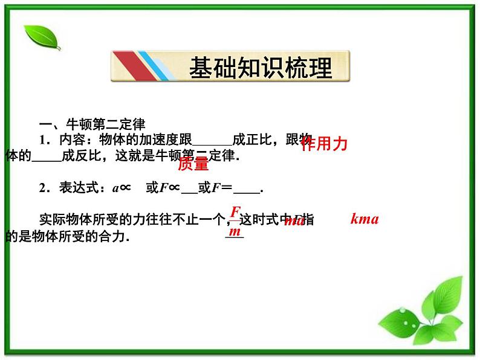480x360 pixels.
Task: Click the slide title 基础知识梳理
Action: (261, 68)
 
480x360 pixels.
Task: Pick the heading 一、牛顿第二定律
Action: (92, 125)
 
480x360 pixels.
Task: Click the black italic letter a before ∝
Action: (115, 188)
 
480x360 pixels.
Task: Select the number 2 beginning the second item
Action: (44, 188)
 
